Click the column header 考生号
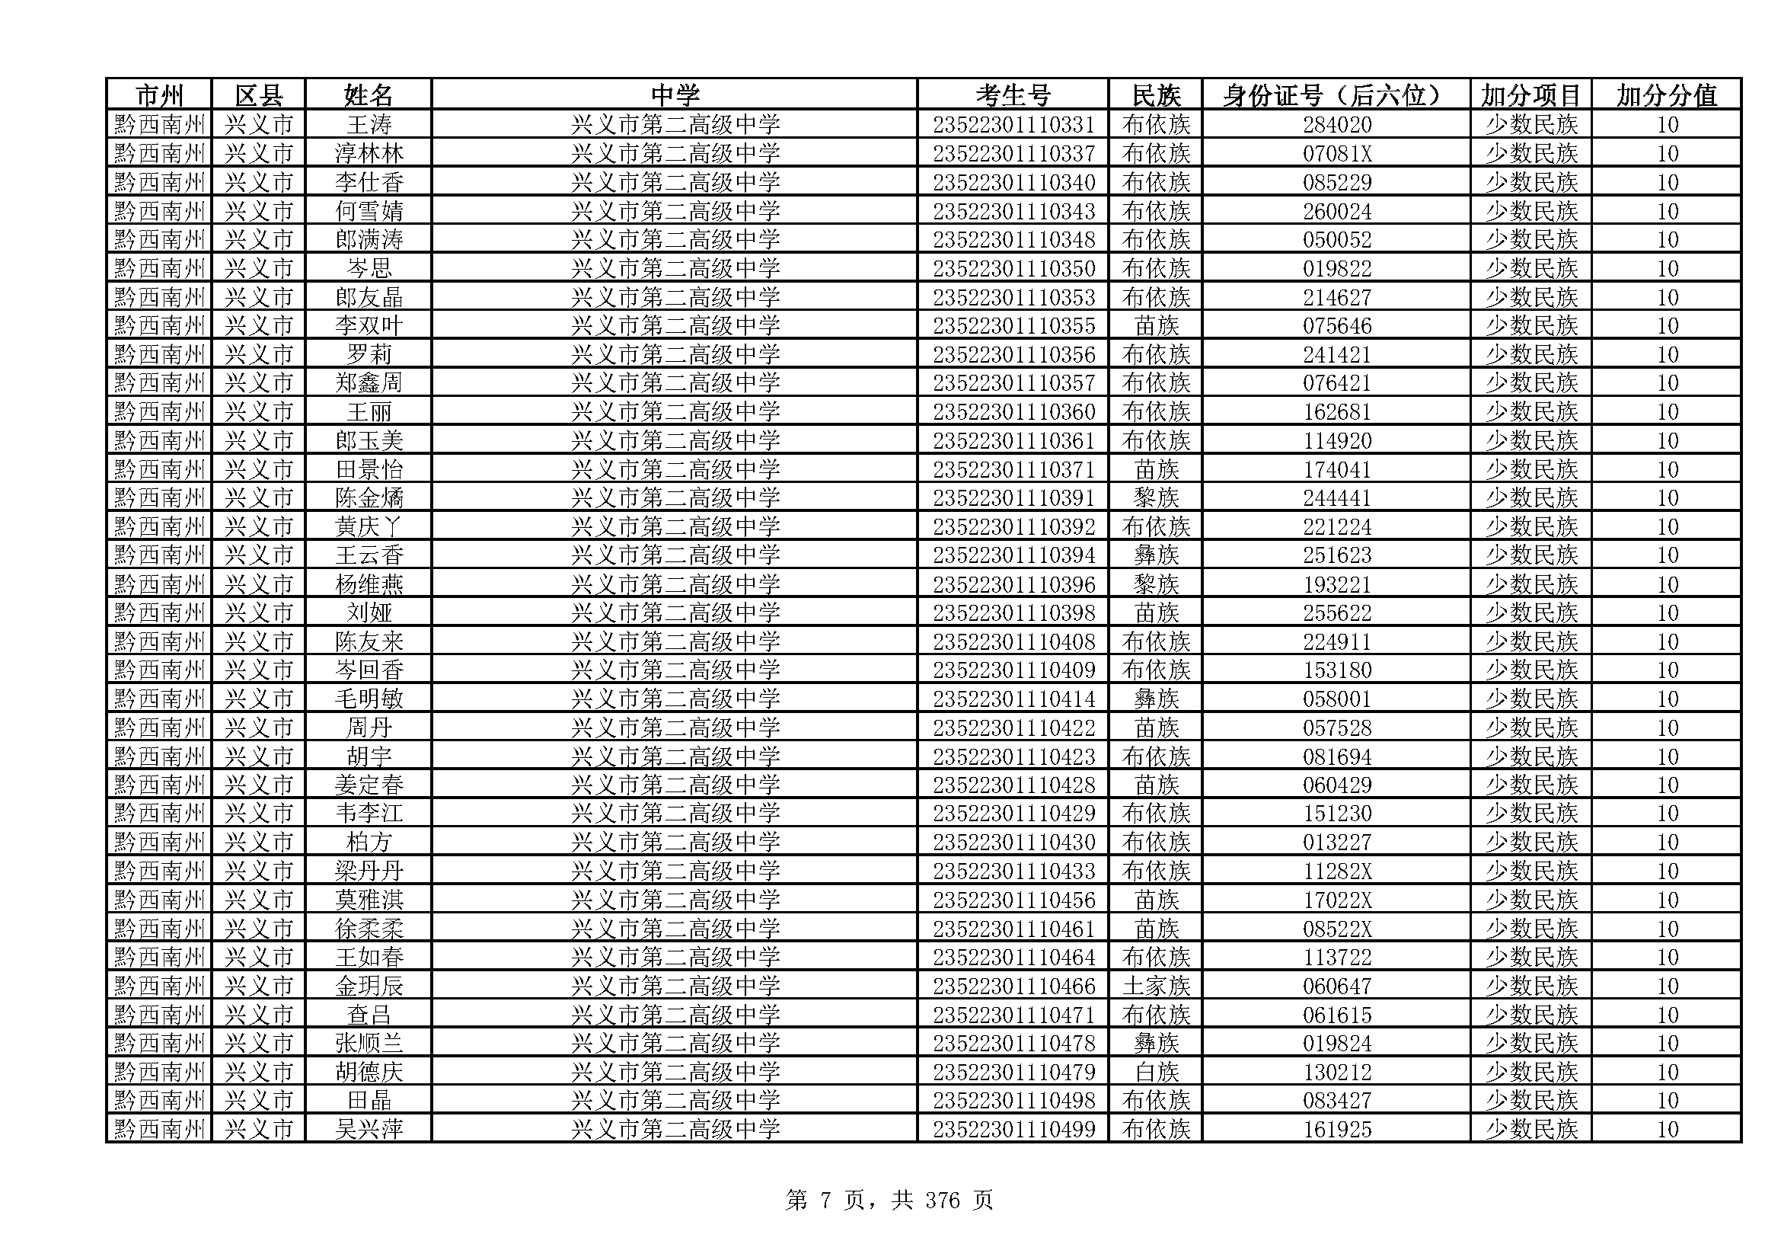click(x=1012, y=95)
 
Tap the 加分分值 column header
click(x=1665, y=95)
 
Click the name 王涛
click(x=369, y=125)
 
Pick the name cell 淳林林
click(x=369, y=154)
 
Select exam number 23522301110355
click(x=1013, y=326)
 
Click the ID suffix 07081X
click(x=1336, y=154)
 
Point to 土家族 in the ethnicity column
click(x=1155, y=986)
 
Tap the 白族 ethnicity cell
click(x=1155, y=1073)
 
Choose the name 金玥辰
click(x=369, y=986)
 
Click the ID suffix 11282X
click(x=1336, y=871)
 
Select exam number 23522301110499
click(x=1013, y=1130)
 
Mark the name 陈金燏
click(x=369, y=498)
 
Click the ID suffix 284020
click(x=1336, y=125)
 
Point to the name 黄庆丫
click(x=369, y=527)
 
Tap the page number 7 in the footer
click(x=825, y=1201)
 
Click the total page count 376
click(x=943, y=1201)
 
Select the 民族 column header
click(x=1155, y=95)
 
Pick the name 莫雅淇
click(x=369, y=900)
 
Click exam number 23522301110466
click(x=1013, y=986)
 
